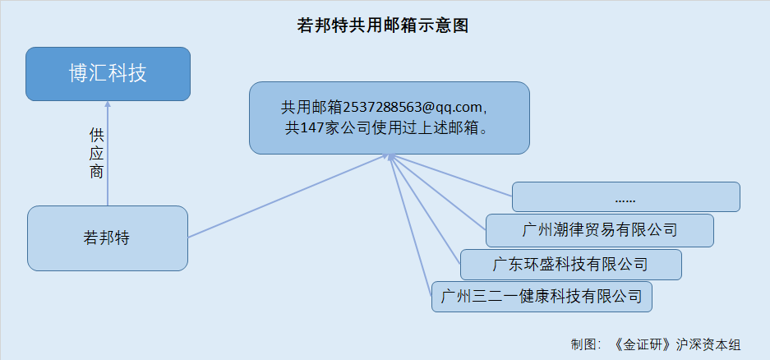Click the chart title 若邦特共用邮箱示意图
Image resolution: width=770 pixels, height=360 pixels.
pos(383,25)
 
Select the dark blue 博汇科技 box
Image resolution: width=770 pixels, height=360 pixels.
pos(108,74)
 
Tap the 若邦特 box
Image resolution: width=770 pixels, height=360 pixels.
pos(108,238)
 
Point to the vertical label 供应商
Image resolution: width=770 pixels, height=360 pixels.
pos(96,154)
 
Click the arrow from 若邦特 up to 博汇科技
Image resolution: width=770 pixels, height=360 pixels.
pos(108,153)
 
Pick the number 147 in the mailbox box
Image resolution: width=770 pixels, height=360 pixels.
pos(311,128)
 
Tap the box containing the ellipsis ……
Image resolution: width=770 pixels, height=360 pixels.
pos(625,197)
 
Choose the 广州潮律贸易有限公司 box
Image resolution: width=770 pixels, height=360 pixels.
pos(600,230)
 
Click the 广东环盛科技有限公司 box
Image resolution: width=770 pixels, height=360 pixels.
pos(570,265)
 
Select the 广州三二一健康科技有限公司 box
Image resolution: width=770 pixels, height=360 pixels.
pos(542,297)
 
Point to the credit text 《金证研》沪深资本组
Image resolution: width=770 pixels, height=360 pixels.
pos(676,344)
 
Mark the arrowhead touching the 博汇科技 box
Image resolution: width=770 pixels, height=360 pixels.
pos(108,104)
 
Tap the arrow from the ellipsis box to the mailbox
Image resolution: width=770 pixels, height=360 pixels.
pos(451,175)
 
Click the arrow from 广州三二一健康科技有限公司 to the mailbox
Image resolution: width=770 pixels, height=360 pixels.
pos(411,225)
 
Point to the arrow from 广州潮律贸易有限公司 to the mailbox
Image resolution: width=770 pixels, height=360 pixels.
pos(438,192)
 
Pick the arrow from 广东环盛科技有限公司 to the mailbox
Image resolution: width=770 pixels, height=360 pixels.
pos(425,210)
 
